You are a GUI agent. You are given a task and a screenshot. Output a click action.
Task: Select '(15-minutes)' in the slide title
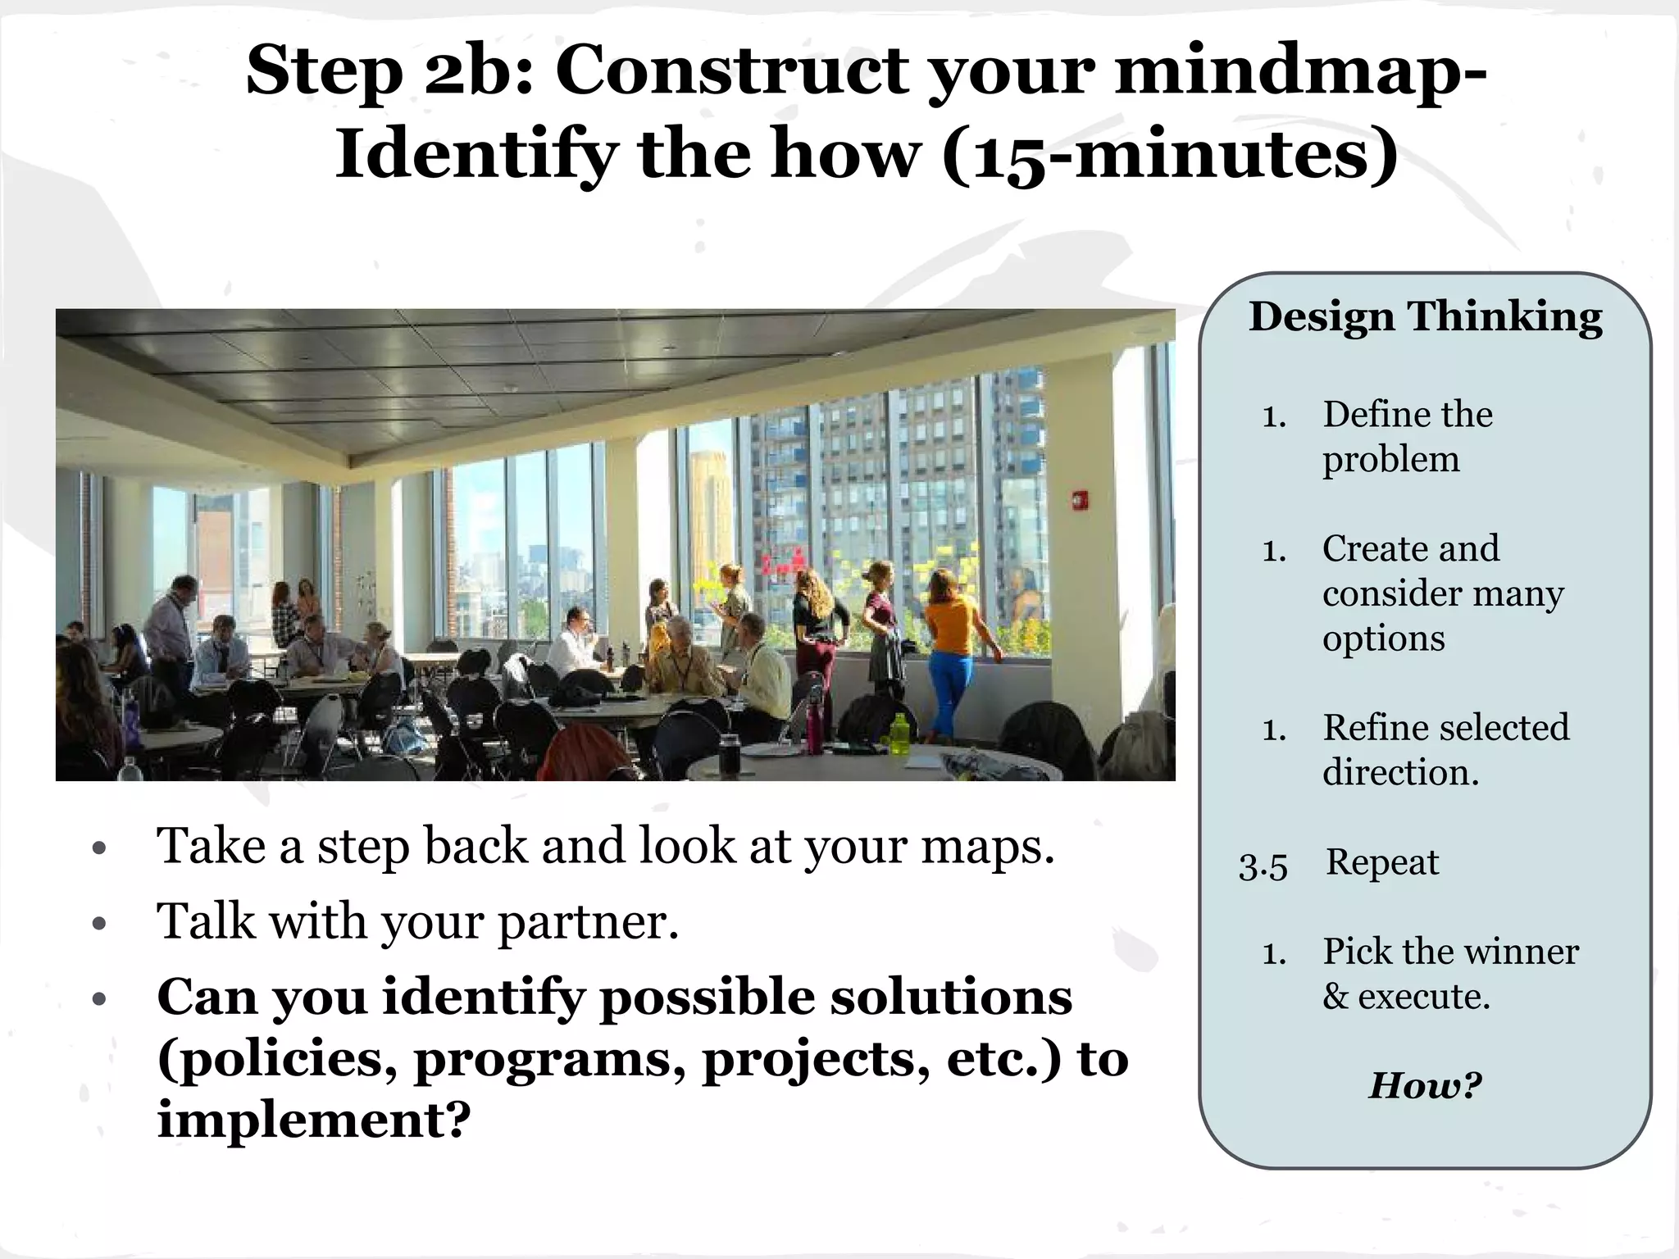pos(1170,155)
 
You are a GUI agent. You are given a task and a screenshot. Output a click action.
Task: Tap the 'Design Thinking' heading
pos(1425,317)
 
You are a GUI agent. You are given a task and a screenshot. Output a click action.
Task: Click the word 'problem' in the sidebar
pos(1390,460)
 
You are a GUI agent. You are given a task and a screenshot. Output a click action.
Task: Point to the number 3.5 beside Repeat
pos(1263,866)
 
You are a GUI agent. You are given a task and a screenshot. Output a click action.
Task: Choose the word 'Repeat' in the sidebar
pos(1382,862)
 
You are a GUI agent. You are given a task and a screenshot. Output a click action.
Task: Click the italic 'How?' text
pos(1425,1085)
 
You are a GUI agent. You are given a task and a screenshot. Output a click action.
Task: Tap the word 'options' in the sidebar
pos(1383,639)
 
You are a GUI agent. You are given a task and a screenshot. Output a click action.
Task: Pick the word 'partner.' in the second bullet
pos(589,922)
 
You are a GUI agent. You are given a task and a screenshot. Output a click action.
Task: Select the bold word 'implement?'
pos(314,1119)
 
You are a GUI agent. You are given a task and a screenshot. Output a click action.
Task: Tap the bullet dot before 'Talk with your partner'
pos(100,925)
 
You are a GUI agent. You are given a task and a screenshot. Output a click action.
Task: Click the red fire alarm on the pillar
pos(1080,500)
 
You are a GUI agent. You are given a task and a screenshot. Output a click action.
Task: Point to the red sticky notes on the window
pos(778,563)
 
